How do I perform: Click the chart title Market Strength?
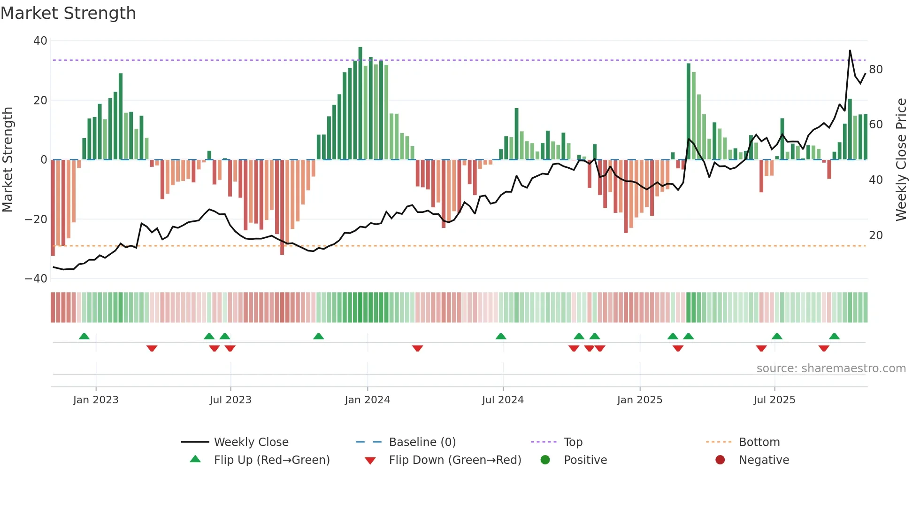click(x=68, y=13)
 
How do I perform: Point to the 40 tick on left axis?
click(x=40, y=41)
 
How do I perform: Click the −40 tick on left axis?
click(x=36, y=279)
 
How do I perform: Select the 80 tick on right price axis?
click(x=876, y=70)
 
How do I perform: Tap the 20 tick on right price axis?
click(x=876, y=235)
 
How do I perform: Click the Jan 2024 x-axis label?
click(x=367, y=400)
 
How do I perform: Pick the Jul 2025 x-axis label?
click(x=774, y=400)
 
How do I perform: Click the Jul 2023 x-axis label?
click(x=230, y=400)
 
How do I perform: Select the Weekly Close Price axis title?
click(x=901, y=160)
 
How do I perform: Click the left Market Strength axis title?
click(x=8, y=160)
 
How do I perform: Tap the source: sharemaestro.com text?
click(x=831, y=369)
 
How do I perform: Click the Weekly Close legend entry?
click(x=251, y=442)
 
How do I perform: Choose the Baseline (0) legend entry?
click(x=422, y=442)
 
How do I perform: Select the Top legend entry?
click(x=573, y=442)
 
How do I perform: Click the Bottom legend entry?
click(x=759, y=442)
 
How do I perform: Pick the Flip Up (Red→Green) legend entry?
click(x=271, y=460)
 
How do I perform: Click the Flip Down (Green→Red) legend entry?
click(x=455, y=460)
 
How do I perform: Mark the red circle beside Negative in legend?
click(x=720, y=460)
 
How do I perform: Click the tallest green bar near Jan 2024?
click(x=360, y=103)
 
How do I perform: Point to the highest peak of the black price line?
click(x=850, y=51)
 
